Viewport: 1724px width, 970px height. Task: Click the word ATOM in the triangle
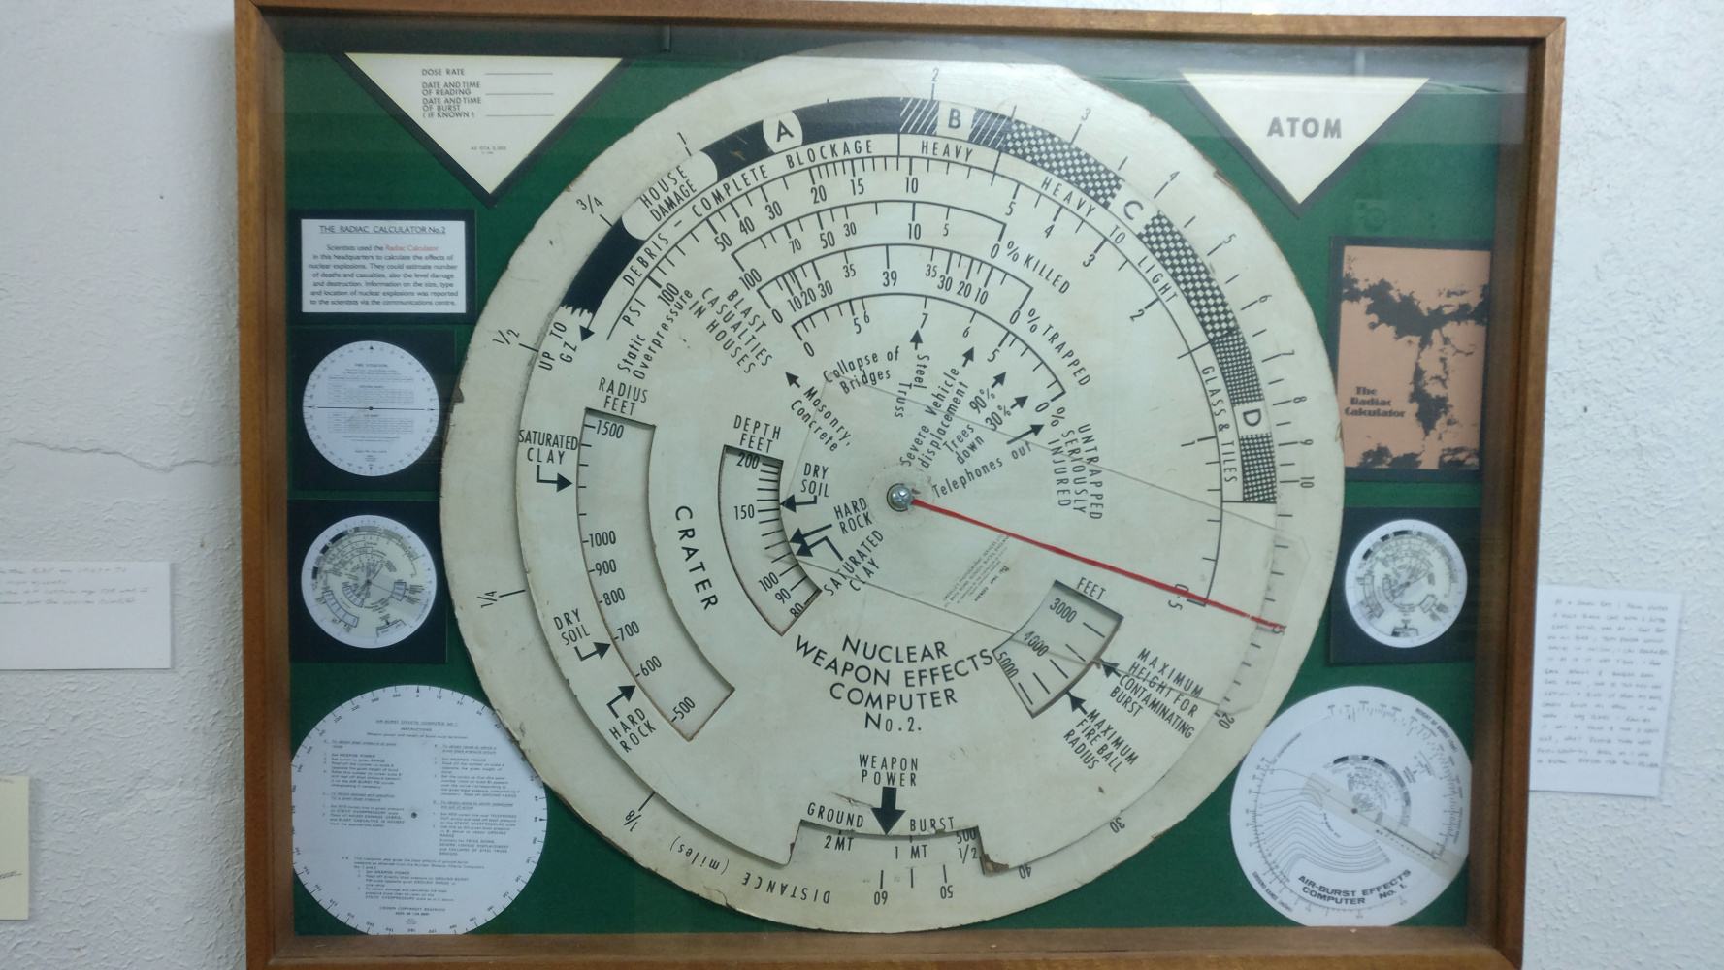coord(1304,127)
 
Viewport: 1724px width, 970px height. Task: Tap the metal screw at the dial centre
coord(899,496)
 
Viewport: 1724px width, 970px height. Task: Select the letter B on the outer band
coord(955,120)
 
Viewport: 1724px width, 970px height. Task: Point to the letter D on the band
coord(1252,419)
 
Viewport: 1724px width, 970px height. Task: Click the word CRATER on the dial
coord(696,557)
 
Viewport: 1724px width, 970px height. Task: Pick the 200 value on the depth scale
coord(748,463)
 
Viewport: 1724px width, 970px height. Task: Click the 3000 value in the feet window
coord(1066,613)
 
